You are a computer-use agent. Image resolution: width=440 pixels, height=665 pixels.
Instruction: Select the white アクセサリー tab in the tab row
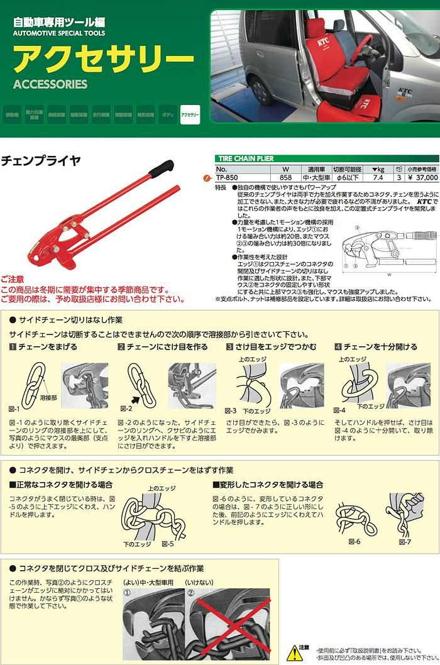[190, 115]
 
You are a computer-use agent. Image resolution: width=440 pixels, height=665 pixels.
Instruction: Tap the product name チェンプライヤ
[41, 161]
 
